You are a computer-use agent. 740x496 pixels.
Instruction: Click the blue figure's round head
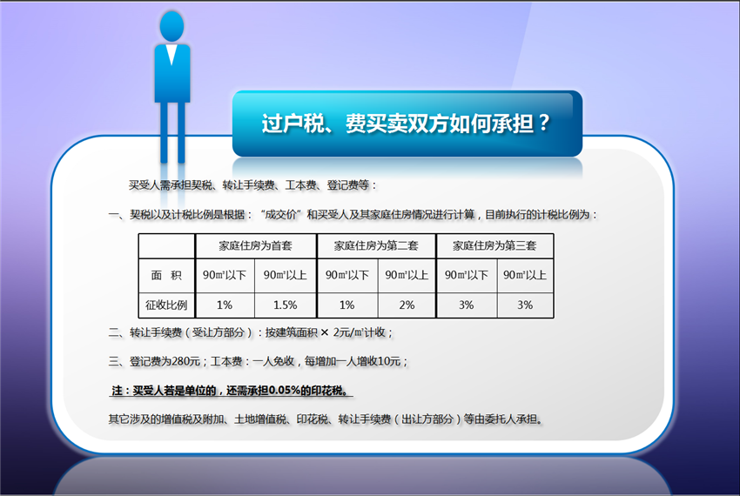point(172,26)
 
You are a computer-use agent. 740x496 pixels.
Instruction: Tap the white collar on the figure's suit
point(172,54)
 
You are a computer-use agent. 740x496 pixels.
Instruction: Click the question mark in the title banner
point(544,122)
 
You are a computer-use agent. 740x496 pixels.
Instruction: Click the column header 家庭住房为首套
point(255,245)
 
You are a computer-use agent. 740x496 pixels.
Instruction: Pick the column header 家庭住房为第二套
point(376,245)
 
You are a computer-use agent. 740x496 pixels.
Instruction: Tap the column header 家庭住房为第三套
point(494,245)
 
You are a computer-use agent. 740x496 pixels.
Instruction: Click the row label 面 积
point(166,275)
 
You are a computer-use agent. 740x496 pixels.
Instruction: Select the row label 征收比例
point(166,305)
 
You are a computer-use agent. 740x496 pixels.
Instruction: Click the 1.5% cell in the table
point(285,305)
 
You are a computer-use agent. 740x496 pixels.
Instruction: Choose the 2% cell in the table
point(407,305)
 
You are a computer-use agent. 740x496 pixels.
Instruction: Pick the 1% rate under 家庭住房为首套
point(224,305)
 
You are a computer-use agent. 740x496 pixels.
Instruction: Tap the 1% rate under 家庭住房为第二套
point(346,305)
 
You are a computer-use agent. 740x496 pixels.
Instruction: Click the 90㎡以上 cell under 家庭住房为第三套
point(524,275)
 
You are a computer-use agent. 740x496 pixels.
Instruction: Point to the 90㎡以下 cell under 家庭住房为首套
point(225,275)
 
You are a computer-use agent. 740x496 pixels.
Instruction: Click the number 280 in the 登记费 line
point(181,361)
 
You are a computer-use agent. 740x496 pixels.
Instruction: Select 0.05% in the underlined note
point(284,391)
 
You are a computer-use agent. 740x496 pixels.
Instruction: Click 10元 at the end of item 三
point(389,361)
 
